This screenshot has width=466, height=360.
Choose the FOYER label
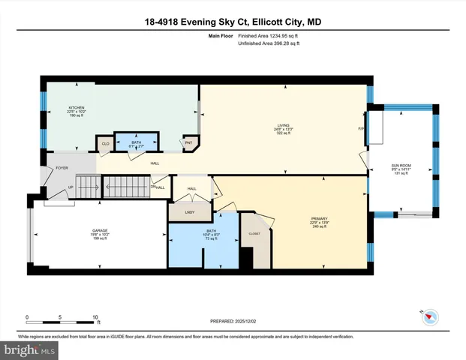[x=62, y=168]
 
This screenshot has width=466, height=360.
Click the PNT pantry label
[x=188, y=142]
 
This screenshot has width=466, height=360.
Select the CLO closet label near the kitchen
[x=106, y=142]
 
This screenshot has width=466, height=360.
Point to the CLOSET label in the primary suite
[x=254, y=235]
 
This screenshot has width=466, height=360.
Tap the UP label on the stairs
[x=71, y=187]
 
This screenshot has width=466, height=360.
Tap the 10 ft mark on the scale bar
[x=96, y=317]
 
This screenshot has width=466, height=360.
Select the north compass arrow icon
[x=428, y=317]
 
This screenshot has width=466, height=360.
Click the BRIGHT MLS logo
[x=30, y=350]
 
